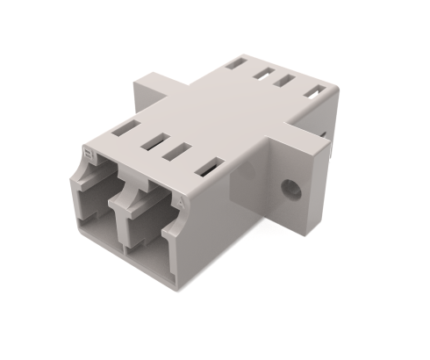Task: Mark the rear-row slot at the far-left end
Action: [x=233, y=63]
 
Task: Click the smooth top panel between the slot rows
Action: [x=219, y=110]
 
